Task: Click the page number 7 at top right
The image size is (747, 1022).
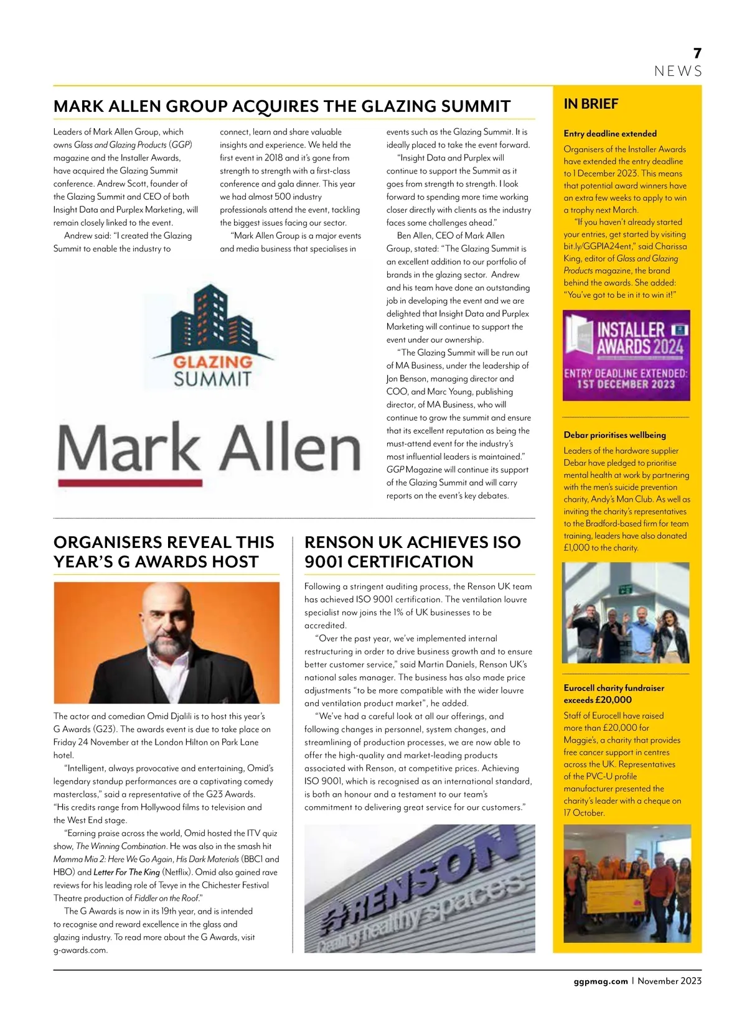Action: (x=697, y=53)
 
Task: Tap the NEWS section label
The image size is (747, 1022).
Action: (x=678, y=72)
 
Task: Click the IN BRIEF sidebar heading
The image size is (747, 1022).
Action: (x=591, y=104)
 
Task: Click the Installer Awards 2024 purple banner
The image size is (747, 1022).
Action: (x=626, y=355)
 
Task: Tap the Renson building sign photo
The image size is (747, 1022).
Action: (x=420, y=888)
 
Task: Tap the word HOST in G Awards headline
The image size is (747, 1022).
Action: (x=232, y=562)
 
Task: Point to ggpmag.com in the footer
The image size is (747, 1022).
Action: (x=600, y=981)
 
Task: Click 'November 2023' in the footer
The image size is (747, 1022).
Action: (x=669, y=981)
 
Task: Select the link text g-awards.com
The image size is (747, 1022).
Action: (x=80, y=950)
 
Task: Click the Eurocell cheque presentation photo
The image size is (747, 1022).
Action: (x=627, y=883)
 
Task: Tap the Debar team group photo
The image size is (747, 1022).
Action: (x=626, y=613)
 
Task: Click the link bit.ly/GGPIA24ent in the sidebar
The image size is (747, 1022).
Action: (x=597, y=246)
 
